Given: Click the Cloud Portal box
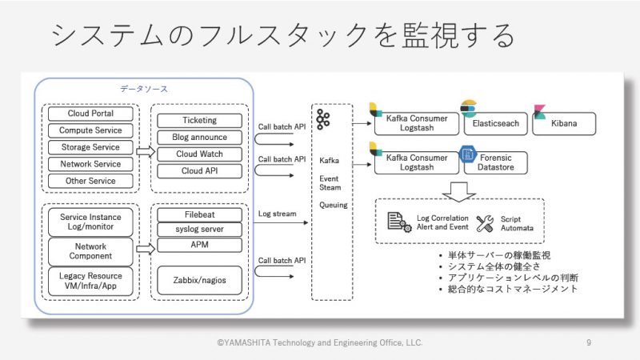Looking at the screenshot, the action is click(90, 114).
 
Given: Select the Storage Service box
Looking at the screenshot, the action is click(90, 147).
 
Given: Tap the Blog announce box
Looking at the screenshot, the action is click(199, 137).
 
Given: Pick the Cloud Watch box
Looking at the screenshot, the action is click(199, 154).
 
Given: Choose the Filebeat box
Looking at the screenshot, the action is click(199, 214).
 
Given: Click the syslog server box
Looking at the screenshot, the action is click(199, 230).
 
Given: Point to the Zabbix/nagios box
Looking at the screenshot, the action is click(199, 281).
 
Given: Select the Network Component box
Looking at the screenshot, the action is click(90, 251).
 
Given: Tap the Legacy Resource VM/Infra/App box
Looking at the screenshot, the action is click(90, 282).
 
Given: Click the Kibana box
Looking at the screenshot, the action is click(564, 124).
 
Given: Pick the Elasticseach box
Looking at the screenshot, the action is click(495, 124).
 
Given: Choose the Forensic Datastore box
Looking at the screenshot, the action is click(495, 162).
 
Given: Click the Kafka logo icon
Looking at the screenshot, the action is click(323, 119).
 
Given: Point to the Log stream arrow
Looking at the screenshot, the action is click(281, 223).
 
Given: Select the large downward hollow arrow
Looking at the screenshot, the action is click(458, 192).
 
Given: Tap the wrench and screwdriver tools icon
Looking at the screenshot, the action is click(485, 224).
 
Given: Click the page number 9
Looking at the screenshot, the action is click(589, 342).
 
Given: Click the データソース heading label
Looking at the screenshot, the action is click(144, 89).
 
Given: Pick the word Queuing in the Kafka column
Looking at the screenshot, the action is click(333, 205).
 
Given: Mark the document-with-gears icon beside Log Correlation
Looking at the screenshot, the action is click(399, 222).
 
